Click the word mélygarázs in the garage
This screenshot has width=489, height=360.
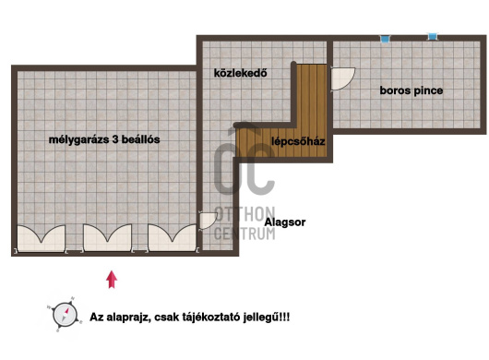(x=78, y=139)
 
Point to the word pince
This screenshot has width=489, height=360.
(x=427, y=90)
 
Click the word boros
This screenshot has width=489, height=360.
(x=394, y=90)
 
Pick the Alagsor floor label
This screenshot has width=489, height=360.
(x=285, y=222)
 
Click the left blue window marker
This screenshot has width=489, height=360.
(x=385, y=38)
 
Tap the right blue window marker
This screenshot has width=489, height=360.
(x=432, y=37)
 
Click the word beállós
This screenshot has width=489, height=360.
(x=142, y=139)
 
